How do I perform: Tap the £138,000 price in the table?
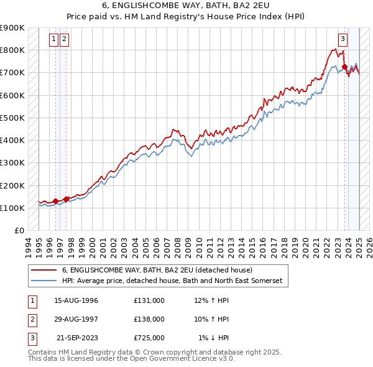149,319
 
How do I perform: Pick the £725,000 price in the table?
149,338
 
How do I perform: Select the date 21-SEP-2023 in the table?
76,338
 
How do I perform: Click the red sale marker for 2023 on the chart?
344,67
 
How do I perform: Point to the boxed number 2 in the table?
31,319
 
